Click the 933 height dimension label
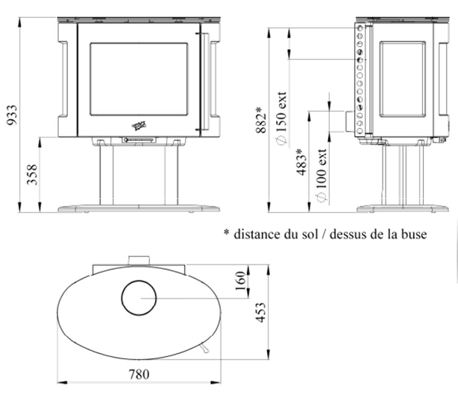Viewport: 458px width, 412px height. (x=12, y=115)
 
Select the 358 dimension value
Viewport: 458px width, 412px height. (x=32, y=174)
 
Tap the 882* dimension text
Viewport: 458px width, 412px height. (x=261, y=120)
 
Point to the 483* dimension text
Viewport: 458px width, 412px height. (x=302, y=162)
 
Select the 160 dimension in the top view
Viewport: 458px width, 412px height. (x=241, y=281)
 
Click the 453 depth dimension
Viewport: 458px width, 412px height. (x=261, y=312)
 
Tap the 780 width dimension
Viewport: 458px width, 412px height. (x=139, y=374)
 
